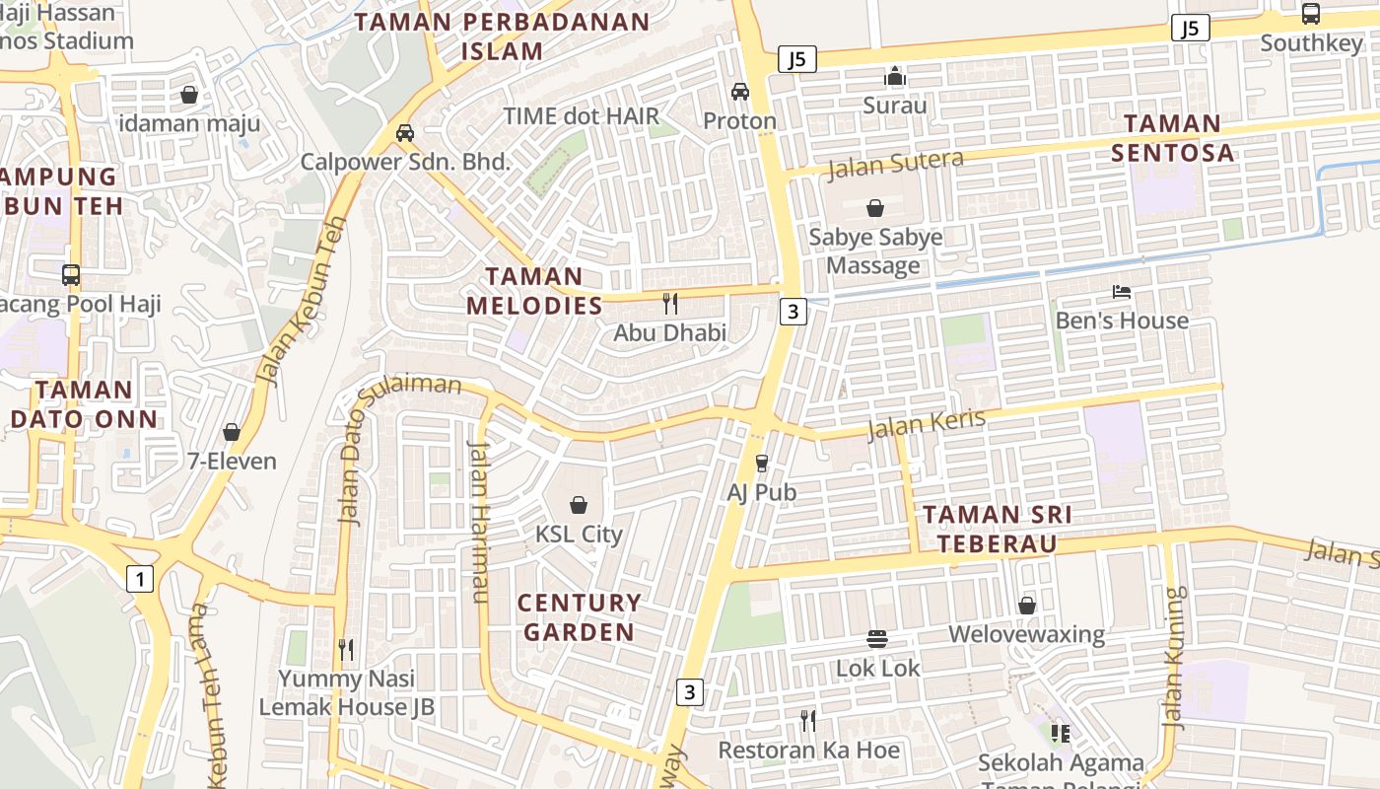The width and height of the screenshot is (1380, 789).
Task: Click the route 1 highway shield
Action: pyautogui.click(x=140, y=579)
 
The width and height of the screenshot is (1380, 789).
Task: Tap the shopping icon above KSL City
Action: pyautogui.click(x=579, y=505)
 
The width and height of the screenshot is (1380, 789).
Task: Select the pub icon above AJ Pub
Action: pyautogui.click(x=761, y=463)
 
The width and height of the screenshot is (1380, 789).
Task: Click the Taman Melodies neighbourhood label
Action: pyautogui.click(x=534, y=291)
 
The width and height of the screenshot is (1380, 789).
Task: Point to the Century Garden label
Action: pyautogui.click(x=579, y=617)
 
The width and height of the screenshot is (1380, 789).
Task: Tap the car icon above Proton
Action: pyautogui.click(x=739, y=92)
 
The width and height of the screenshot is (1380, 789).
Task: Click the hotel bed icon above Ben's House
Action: pyautogui.click(x=1122, y=292)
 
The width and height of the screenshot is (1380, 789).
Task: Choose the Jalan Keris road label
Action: pyautogui.click(x=926, y=424)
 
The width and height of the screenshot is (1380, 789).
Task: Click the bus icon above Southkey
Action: pyautogui.click(x=1310, y=14)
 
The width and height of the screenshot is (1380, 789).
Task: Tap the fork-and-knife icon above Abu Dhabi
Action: pyautogui.click(x=670, y=303)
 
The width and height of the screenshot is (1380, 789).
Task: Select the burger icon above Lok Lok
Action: pyautogui.click(x=877, y=639)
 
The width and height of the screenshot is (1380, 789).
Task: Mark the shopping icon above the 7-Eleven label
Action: pyautogui.click(x=232, y=432)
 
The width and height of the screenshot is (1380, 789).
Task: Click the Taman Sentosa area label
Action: pyautogui.click(x=1172, y=138)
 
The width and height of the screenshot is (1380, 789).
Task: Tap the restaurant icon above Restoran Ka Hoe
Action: pyautogui.click(x=808, y=721)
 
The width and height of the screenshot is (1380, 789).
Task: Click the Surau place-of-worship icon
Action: pyautogui.click(x=894, y=76)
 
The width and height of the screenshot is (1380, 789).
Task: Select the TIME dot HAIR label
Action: pyautogui.click(x=581, y=115)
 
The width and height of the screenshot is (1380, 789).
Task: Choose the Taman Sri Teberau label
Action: pyautogui.click(x=998, y=529)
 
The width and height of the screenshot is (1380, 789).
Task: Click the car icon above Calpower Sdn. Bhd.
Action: pyautogui.click(x=404, y=133)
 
